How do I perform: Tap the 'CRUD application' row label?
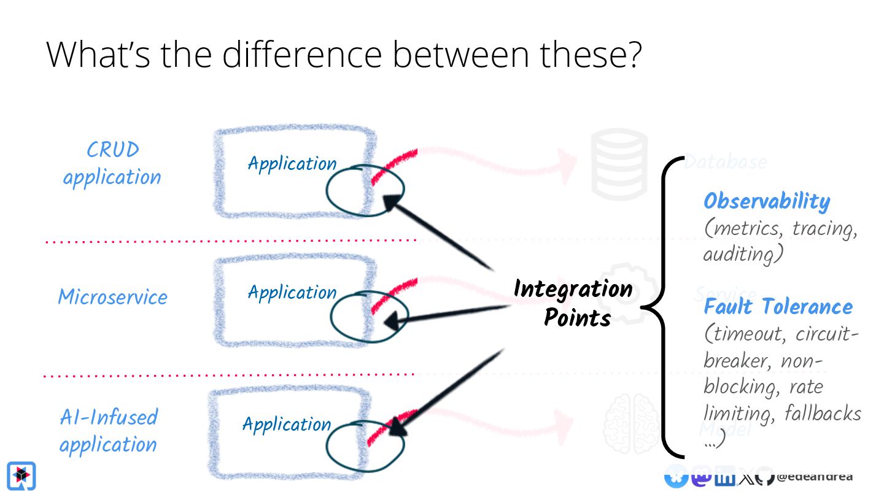coord(112,163)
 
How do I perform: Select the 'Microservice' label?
coord(112,297)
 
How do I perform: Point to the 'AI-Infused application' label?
coord(109,430)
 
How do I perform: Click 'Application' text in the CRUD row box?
coord(292,164)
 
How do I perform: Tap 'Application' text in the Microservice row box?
coord(292,292)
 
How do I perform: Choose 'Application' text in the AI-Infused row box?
coord(287,424)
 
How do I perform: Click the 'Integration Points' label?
coord(573,302)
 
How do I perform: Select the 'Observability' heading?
coord(767,201)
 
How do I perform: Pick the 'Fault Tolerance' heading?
coord(778,306)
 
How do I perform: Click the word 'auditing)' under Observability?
coord(743,254)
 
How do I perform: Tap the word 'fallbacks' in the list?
coord(823,414)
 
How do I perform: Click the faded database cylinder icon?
coord(619,164)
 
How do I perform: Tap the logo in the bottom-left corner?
coord(21,476)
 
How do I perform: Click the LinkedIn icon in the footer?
coord(725,477)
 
